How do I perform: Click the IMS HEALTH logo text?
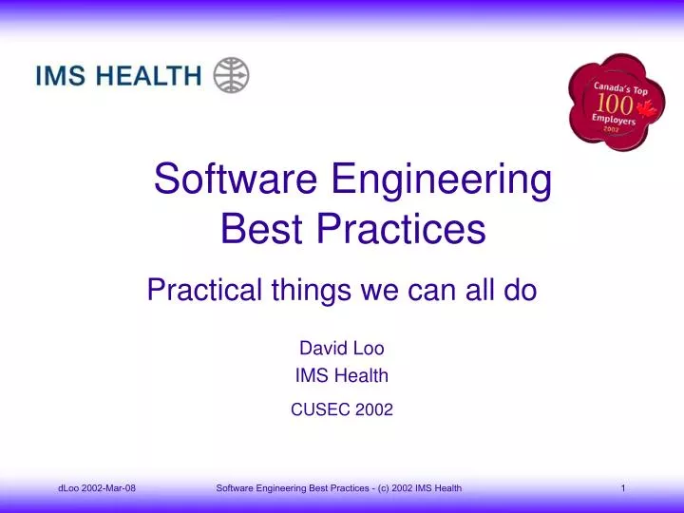119,75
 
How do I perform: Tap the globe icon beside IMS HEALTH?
231,74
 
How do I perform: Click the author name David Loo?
341,348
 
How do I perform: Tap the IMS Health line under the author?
341,375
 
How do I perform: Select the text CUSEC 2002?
341,409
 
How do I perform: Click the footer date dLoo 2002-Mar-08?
96,487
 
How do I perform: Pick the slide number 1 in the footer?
622,487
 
